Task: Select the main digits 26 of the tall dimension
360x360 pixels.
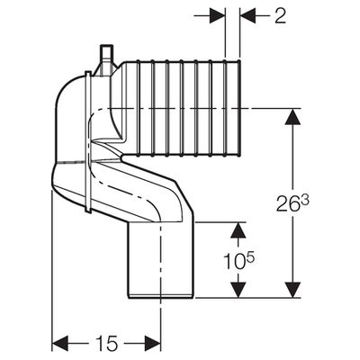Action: (x=287, y=204)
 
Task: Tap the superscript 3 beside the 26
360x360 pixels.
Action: (x=304, y=201)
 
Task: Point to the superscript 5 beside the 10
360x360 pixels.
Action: (x=251, y=259)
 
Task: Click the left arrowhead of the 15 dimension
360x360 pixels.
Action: (x=61, y=343)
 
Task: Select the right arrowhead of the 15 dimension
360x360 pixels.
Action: (x=153, y=343)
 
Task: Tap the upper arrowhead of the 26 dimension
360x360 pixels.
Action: (x=292, y=116)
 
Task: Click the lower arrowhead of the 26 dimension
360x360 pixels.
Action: (x=292, y=290)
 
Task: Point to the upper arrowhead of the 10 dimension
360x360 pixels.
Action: (x=238, y=230)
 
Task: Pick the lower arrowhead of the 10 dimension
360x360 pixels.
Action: (x=238, y=290)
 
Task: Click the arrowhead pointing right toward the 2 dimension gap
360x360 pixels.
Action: (x=217, y=15)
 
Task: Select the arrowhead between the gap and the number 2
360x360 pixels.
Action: (x=247, y=15)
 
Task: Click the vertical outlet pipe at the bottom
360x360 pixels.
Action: (x=161, y=260)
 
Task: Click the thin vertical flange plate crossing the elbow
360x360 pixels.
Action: (x=88, y=141)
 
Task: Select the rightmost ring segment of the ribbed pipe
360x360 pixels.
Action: (x=232, y=108)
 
